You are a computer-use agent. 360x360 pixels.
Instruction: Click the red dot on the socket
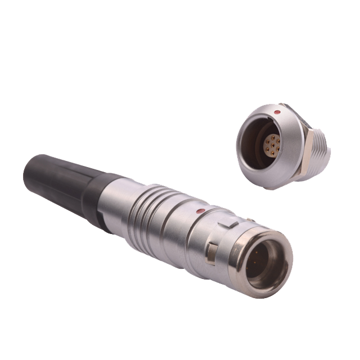pyautogui.click(x=275, y=114)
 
